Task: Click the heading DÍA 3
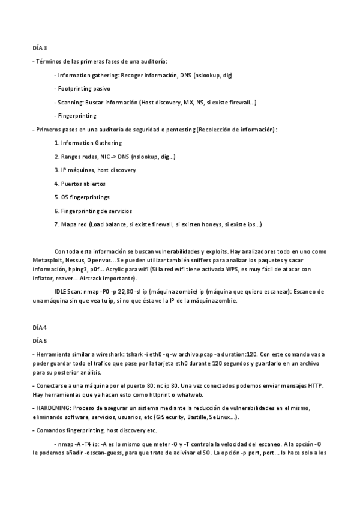click(x=39, y=48)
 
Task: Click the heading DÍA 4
click(x=39, y=327)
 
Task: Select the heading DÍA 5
click(x=39, y=340)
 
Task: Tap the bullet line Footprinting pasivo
click(x=84, y=88)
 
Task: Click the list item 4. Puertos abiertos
click(x=80, y=184)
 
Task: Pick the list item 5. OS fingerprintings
click(x=82, y=197)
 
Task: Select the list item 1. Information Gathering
click(x=88, y=143)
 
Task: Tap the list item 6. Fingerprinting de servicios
click(x=93, y=211)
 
